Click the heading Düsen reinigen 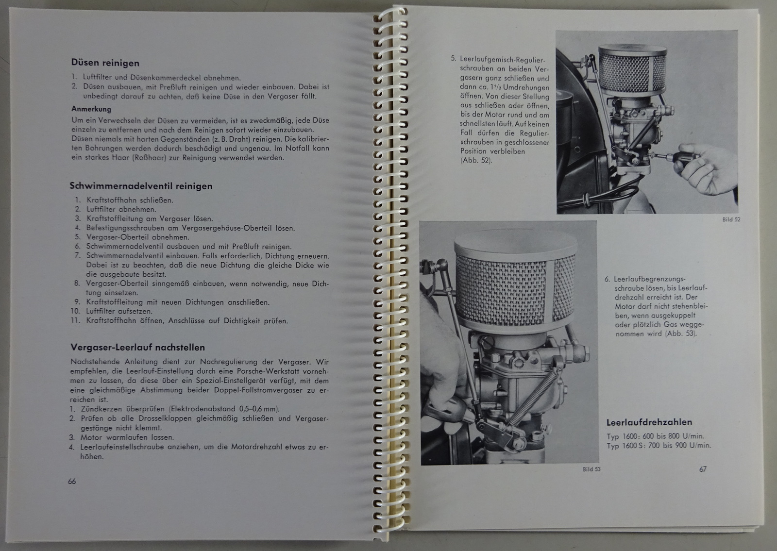tap(105, 63)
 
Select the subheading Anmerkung tap(91, 109)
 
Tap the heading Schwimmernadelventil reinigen tap(141, 186)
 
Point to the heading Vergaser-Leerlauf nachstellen tap(138, 347)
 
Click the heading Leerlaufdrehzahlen tap(649, 422)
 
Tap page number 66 tap(72, 481)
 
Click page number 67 tap(703, 469)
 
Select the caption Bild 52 tap(731, 219)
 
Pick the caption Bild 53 tap(591, 469)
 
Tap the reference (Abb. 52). tap(476, 161)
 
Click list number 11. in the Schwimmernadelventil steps tap(75, 320)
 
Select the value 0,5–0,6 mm tap(259, 408)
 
